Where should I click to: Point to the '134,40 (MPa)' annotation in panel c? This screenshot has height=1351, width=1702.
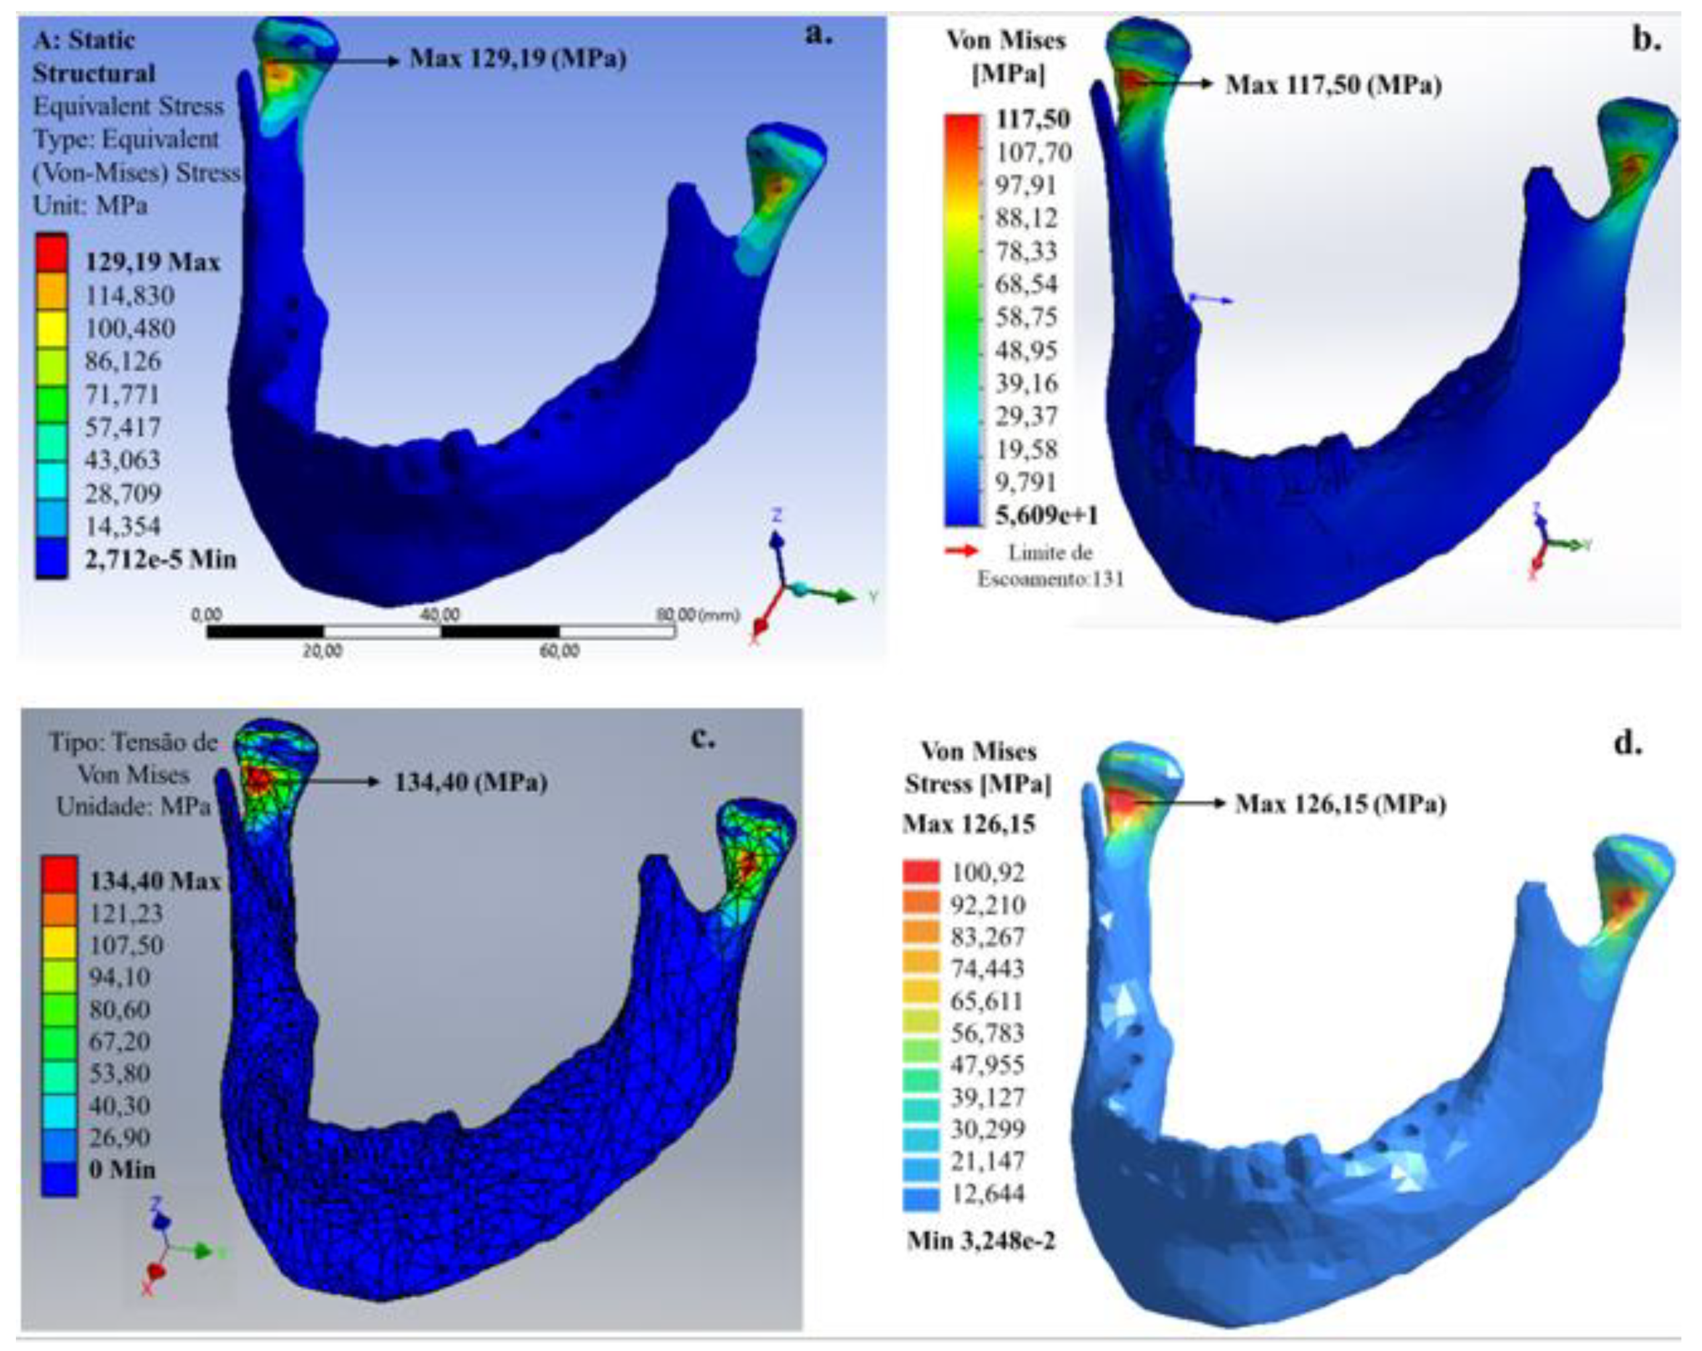470,782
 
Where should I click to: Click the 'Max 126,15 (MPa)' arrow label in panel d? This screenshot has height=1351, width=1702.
1340,804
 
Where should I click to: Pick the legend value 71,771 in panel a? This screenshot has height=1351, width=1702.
122,394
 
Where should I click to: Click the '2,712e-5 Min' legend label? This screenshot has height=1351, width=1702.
161,560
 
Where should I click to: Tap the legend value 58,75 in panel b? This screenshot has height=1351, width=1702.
1026,317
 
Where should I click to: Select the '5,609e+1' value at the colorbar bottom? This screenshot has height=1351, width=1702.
1047,515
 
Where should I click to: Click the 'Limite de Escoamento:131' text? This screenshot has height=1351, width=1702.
1050,566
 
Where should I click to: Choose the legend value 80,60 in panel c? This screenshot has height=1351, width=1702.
119,1009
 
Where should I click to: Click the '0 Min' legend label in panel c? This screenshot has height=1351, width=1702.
123,1170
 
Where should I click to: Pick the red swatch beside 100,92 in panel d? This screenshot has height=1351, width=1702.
922,872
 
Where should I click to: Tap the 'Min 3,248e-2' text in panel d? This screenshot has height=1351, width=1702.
981,1241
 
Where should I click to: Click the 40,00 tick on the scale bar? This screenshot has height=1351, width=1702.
440,615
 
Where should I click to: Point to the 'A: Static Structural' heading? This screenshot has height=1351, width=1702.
93,57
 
